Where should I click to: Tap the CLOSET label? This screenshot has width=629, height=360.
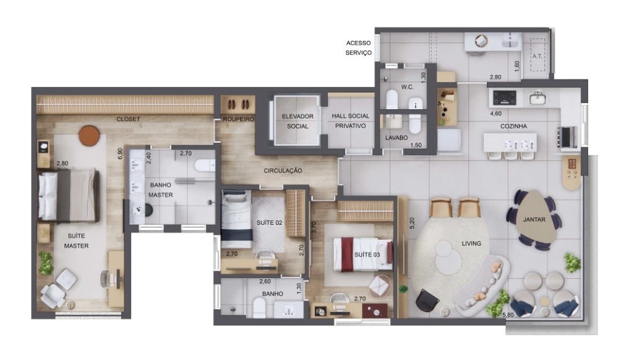coord(128,119)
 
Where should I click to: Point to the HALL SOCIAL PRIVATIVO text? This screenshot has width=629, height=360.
coord(350,120)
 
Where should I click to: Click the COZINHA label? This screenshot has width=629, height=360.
coord(514,126)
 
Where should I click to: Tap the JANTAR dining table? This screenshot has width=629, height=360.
coord(533,219)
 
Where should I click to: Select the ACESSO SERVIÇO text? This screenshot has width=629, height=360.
coord(358,48)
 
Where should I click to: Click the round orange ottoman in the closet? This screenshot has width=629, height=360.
coord(89,135)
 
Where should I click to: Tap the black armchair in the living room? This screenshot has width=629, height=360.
coord(427,300)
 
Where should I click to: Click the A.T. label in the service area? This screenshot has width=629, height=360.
coord(536,56)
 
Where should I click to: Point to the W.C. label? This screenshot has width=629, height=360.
coord(407,86)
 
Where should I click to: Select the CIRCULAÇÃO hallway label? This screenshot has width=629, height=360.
coord(283,170)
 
